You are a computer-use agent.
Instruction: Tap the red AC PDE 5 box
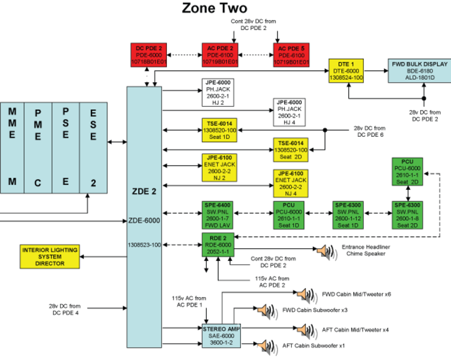(291, 55)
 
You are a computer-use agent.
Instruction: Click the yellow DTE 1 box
(345, 70)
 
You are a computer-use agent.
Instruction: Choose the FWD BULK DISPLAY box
(420, 70)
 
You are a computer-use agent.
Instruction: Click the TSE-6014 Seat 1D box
(219, 130)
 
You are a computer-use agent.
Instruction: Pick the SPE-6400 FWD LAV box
(219, 213)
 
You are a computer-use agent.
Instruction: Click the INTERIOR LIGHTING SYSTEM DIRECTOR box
(50, 256)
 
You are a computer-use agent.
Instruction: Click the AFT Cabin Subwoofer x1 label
(313, 346)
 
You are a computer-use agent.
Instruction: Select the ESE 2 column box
(93, 148)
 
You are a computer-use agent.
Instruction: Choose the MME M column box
(13, 148)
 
